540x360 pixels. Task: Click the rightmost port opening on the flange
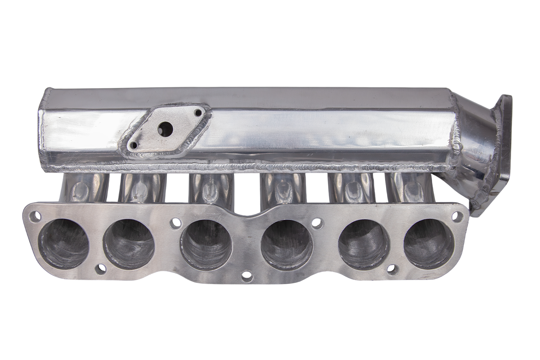428,243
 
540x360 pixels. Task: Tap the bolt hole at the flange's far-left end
35,216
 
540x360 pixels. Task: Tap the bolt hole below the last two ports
392,269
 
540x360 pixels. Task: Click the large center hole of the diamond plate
166,129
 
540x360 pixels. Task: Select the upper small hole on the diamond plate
198,111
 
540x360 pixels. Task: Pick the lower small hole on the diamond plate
134,145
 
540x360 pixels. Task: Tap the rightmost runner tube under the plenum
407,187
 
